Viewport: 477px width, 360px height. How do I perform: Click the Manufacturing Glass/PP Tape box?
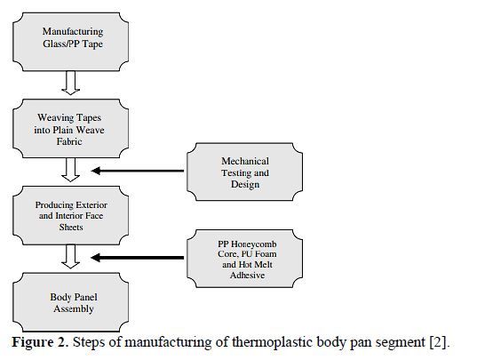70,42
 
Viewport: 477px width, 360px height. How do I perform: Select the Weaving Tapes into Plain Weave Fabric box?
70,128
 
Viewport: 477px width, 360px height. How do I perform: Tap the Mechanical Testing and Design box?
244,172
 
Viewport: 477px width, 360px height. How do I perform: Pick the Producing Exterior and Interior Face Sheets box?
70,215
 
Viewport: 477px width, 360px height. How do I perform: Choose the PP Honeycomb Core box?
244,259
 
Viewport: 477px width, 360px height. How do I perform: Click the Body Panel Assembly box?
70,302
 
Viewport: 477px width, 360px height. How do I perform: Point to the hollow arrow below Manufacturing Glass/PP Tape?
70,83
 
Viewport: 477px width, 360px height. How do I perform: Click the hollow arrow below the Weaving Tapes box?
70,170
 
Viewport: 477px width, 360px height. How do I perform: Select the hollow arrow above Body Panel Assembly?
70,257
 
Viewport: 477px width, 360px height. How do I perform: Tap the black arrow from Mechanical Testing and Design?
138,171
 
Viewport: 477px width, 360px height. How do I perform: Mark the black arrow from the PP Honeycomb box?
137,258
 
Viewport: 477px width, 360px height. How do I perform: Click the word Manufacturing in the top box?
73,31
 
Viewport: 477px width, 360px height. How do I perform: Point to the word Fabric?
69,141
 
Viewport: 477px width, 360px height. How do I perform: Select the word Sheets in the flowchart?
71,227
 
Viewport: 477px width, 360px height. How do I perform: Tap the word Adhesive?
247,275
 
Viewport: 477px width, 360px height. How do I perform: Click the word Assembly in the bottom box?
74,308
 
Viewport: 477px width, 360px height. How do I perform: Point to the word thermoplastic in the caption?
273,342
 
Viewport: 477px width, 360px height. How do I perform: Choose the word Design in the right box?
245,184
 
